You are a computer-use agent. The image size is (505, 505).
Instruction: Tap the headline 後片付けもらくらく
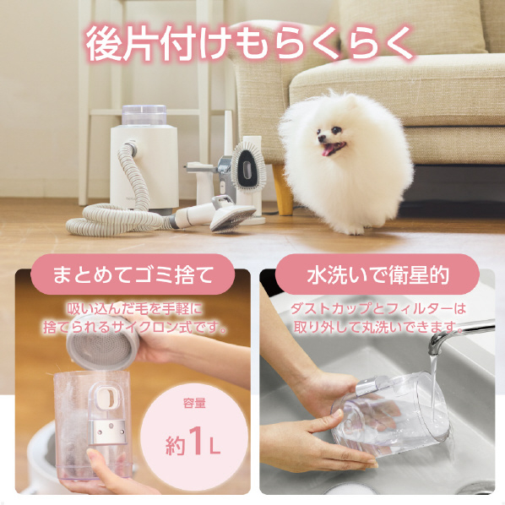(250, 44)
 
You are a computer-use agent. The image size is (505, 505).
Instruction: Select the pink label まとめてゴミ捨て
(133, 274)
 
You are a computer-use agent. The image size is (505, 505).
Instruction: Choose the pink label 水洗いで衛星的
(377, 274)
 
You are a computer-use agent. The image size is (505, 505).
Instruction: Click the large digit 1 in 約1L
(196, 440)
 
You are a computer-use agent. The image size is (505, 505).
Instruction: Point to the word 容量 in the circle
(194, 403)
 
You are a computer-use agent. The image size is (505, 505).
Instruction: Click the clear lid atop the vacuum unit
(144, 115)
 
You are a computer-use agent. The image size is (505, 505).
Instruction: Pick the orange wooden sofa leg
(282, 190)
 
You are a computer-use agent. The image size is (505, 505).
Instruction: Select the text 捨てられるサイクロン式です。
(134, 327)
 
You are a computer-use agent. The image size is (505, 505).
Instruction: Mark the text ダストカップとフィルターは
(378, 309)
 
